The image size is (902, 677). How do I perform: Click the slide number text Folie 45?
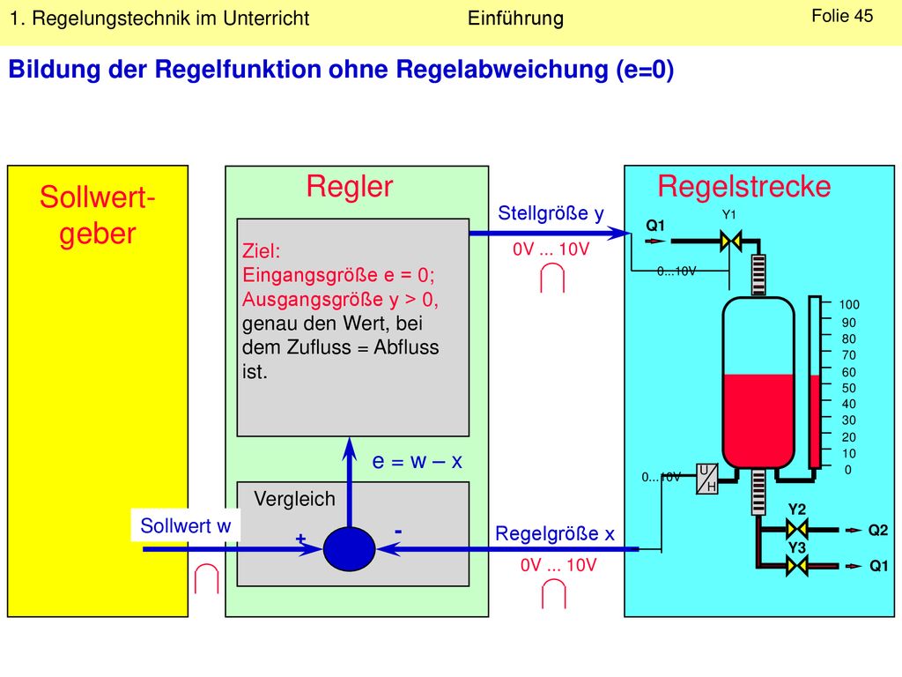pos(842,16)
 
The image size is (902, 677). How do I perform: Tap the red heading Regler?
pos(350,186)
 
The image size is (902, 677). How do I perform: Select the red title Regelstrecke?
pos(744,186)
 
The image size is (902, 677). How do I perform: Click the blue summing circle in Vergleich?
pos(349,548)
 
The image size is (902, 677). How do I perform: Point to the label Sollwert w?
pos(185,525)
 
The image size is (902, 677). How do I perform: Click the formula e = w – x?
pos(417,461)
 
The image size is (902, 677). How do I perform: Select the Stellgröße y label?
pos(551,213)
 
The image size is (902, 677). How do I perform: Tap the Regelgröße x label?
pos(555,533)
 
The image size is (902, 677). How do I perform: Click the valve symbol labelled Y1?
pos(730,241)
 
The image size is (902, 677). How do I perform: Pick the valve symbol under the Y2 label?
pos(796,529)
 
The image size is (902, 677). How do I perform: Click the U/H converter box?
pos(707,479)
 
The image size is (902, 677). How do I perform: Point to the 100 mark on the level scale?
pos(849,304)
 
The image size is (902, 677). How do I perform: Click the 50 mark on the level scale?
pos(849,388)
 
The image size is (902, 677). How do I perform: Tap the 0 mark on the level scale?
pos(848,470)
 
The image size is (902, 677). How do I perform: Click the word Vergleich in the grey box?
pos(294,499)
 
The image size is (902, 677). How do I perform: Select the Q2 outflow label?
pos(878,530)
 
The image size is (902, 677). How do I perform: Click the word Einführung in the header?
pos(515,19)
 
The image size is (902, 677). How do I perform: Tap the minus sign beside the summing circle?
pos(398,532)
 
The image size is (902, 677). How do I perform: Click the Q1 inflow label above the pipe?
pos(655,225)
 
